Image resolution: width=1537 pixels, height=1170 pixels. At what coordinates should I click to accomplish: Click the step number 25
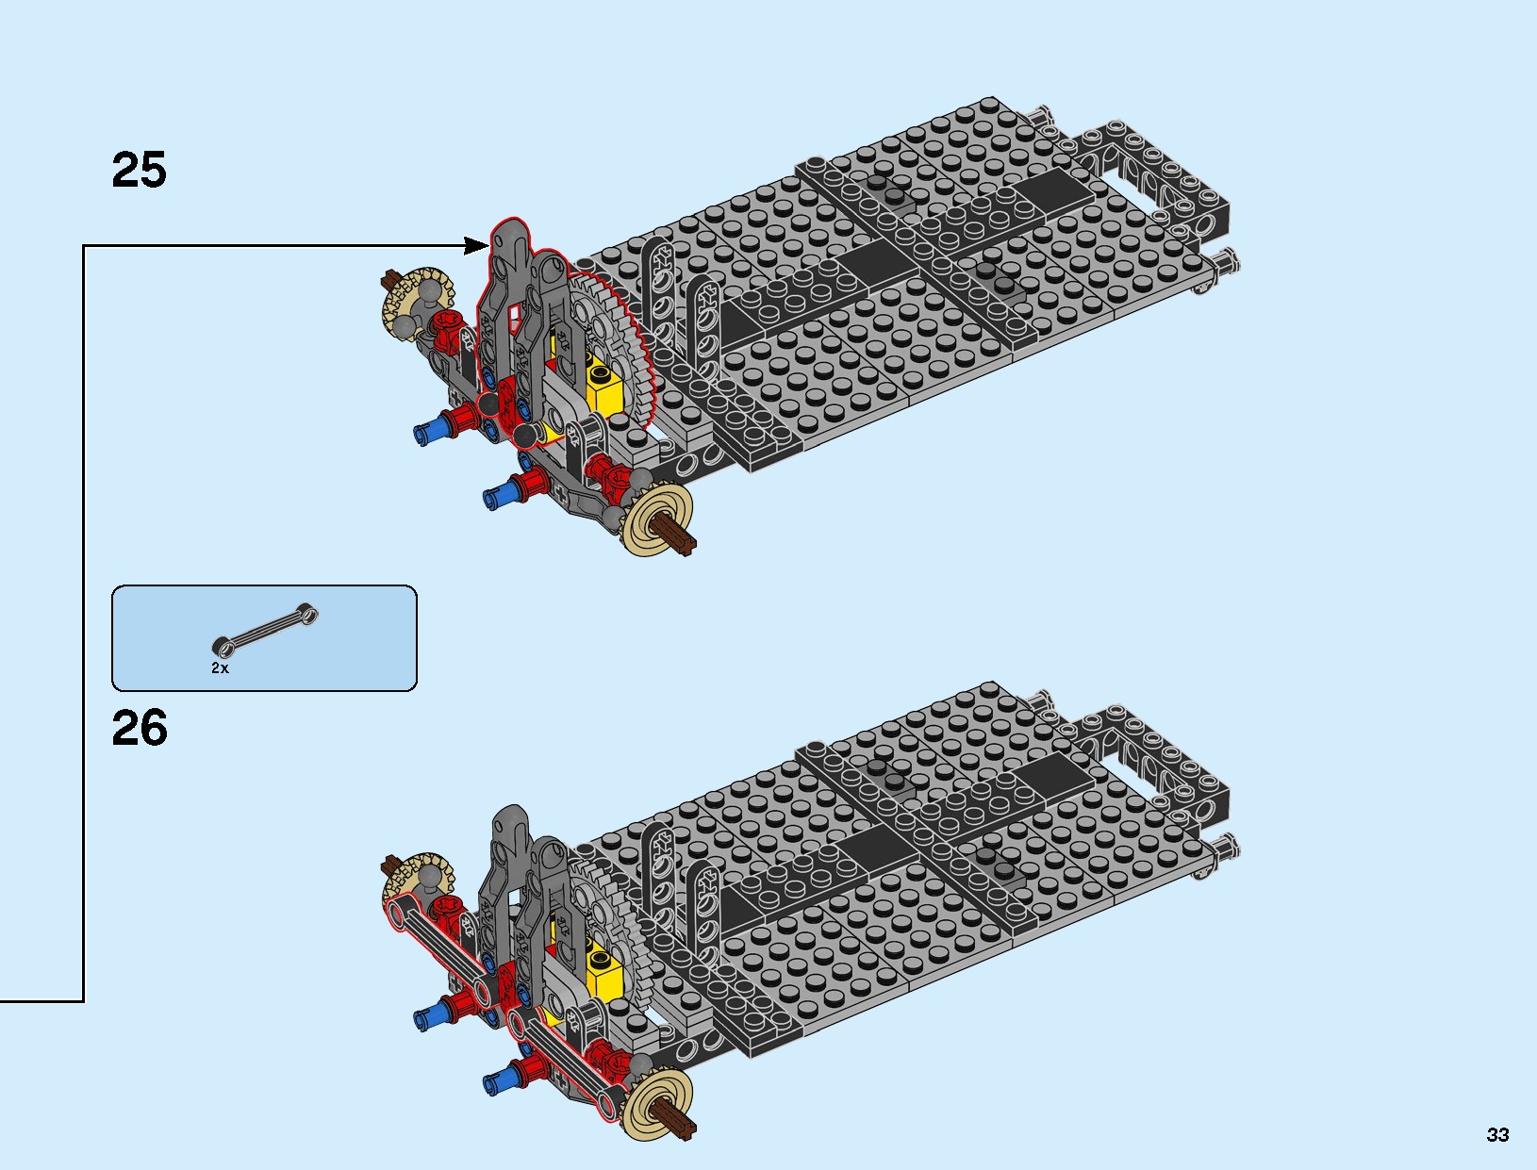tap(139, 171)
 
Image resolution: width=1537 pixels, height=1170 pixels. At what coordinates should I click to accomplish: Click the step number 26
tap(139, 729)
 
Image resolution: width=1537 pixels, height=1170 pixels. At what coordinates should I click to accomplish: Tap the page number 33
tap(1497, 1135)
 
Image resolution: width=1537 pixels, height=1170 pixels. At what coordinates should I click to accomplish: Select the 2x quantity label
tap(220, 667)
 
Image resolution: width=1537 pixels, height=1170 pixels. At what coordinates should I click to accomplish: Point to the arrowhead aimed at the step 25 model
tap(479, 246)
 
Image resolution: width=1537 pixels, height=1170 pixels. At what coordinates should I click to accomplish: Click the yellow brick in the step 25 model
tap(603, 387)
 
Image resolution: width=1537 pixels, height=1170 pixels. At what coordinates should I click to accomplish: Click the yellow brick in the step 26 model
tap(603, 973)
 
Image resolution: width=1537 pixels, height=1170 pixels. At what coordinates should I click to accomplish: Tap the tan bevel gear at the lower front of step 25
tap(658, 520)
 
